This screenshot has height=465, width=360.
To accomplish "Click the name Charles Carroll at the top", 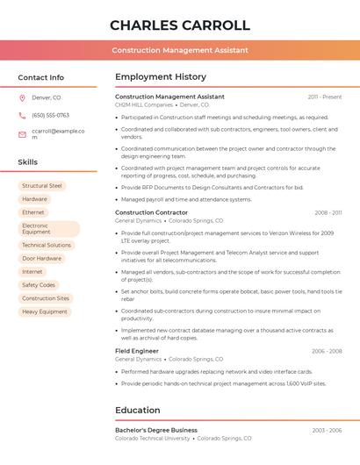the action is pos(180,25).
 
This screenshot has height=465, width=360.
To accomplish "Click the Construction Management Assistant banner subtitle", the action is pos(180,50).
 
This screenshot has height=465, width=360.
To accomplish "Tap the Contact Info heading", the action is pos(40,77).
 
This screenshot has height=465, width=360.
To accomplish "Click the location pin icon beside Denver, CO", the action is pos(22,98).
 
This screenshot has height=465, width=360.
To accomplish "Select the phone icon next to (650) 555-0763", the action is pos(22,115).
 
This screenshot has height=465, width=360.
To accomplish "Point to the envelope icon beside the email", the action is pos(22,133).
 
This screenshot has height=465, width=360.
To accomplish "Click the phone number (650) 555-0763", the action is pos(50,115).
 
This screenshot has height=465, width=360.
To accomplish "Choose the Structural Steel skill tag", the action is pos(42,186).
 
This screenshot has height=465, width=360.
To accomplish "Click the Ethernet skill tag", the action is pos(33,212).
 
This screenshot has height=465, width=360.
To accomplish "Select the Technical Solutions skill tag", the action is pos(47,245).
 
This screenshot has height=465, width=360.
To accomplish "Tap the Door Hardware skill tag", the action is pos(42,259).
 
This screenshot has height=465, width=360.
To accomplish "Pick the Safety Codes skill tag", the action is pos(39,285).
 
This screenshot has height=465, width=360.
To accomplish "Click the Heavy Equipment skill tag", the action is pos(45,311).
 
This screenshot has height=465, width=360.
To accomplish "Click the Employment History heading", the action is pos(161,77).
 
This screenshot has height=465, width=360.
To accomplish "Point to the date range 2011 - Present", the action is pos(324,97).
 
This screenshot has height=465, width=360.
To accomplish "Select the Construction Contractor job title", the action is pos(151,212).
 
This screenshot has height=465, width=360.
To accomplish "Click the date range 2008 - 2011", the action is pos(328,212).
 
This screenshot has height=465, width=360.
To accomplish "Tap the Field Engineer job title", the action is pos(137,351).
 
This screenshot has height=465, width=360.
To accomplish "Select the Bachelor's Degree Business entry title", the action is pos(156,430).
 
